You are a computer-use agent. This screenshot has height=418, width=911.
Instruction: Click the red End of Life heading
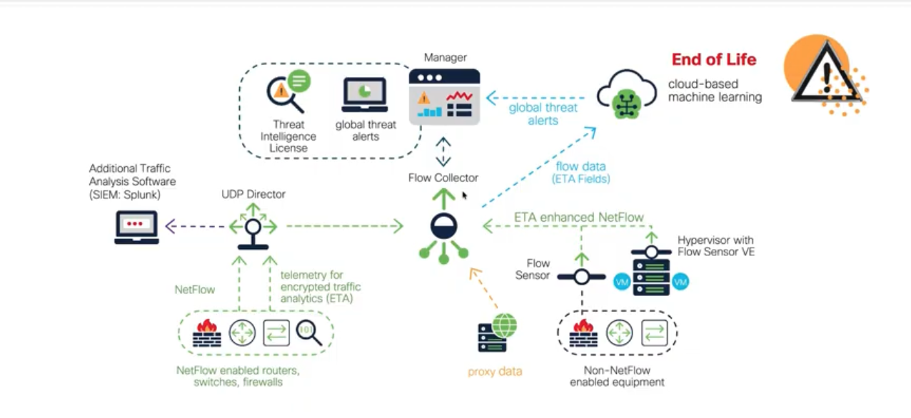pos(713,59)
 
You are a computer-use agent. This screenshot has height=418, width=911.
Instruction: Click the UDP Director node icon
pos(253,228)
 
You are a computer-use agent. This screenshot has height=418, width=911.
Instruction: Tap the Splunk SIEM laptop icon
pos(136,228)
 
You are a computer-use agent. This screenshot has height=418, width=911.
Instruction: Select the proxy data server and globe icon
pos(497,332)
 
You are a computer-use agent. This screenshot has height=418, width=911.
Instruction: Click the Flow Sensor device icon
pos(581,276)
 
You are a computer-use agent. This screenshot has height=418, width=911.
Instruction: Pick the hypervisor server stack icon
pos(650,271)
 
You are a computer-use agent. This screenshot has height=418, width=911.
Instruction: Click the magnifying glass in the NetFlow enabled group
pos(309,333)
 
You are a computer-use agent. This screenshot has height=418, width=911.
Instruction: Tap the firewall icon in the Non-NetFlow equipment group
pos(583,332)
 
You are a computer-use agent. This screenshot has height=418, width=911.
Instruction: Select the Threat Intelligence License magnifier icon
pos(286,91)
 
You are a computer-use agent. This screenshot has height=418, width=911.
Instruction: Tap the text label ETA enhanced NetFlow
pos(579,217)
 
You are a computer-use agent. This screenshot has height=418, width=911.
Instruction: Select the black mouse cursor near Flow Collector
pos(465,195)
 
